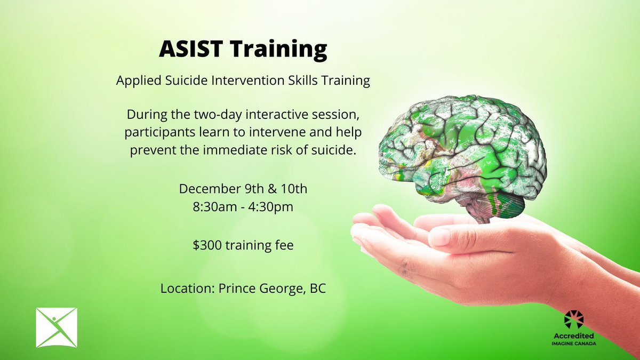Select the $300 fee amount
tap(205, 247)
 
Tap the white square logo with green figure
tap(57, 327)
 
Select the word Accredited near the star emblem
tap(574, 335)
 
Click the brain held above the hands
tap(461, 155)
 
